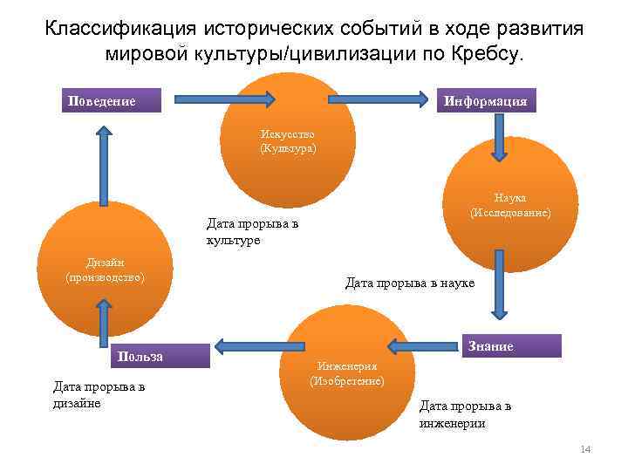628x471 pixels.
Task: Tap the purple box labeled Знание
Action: point(510,345)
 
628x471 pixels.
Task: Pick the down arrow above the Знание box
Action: point(499,284)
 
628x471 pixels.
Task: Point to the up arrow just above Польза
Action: point(105,323)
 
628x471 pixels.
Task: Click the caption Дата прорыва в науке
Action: point(410,283)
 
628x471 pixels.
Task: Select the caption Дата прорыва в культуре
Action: point(250,231)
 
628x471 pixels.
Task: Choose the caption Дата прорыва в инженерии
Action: point(466,414)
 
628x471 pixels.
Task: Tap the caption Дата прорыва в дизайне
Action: point(99,394)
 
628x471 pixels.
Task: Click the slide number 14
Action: point(585,449)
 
